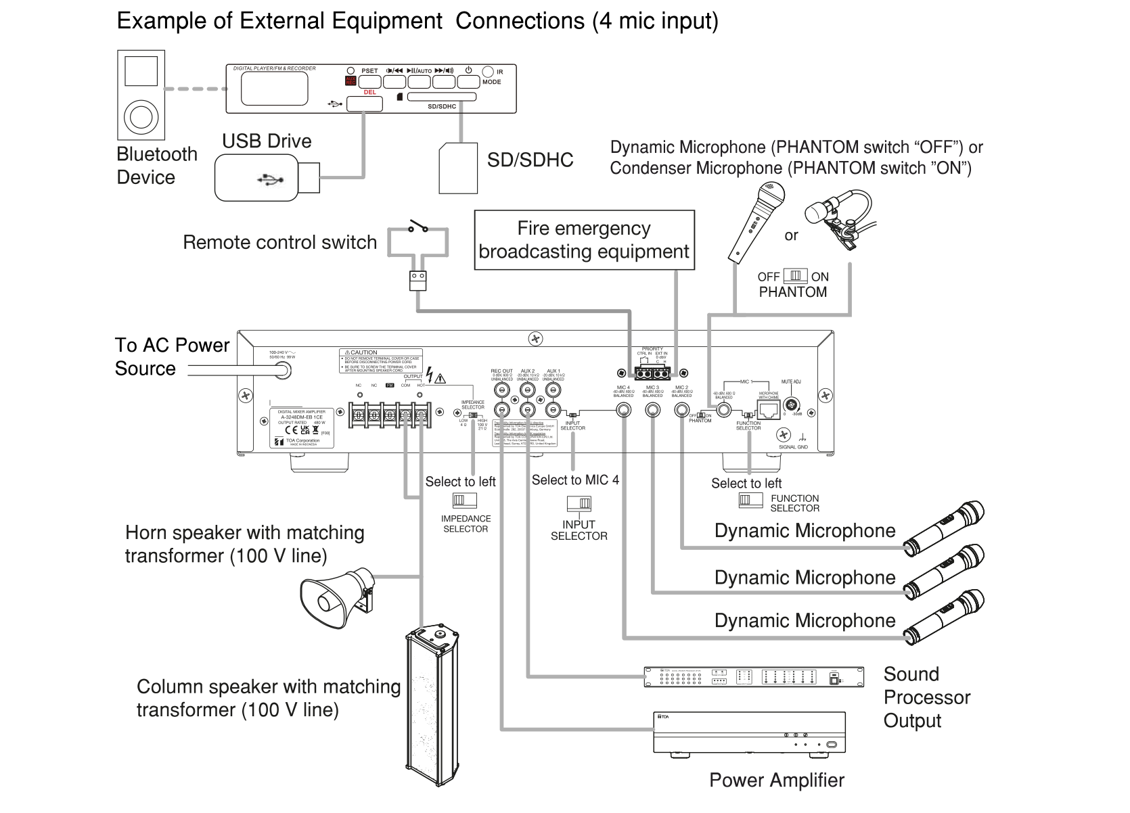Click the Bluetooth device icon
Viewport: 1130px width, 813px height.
(141, 94)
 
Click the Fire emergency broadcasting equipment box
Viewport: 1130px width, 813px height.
(584, 240)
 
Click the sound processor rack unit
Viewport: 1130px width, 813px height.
(753, 676)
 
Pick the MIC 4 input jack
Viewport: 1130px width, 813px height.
(623, 410)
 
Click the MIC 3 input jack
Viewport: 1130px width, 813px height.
(652, 410)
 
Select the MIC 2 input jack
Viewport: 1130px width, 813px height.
(681, 410)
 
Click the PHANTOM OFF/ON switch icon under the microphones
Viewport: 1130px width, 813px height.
(795, 277)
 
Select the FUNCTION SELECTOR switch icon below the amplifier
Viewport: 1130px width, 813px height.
(746, 500)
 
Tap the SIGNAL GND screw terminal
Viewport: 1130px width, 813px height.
(784, 434)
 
